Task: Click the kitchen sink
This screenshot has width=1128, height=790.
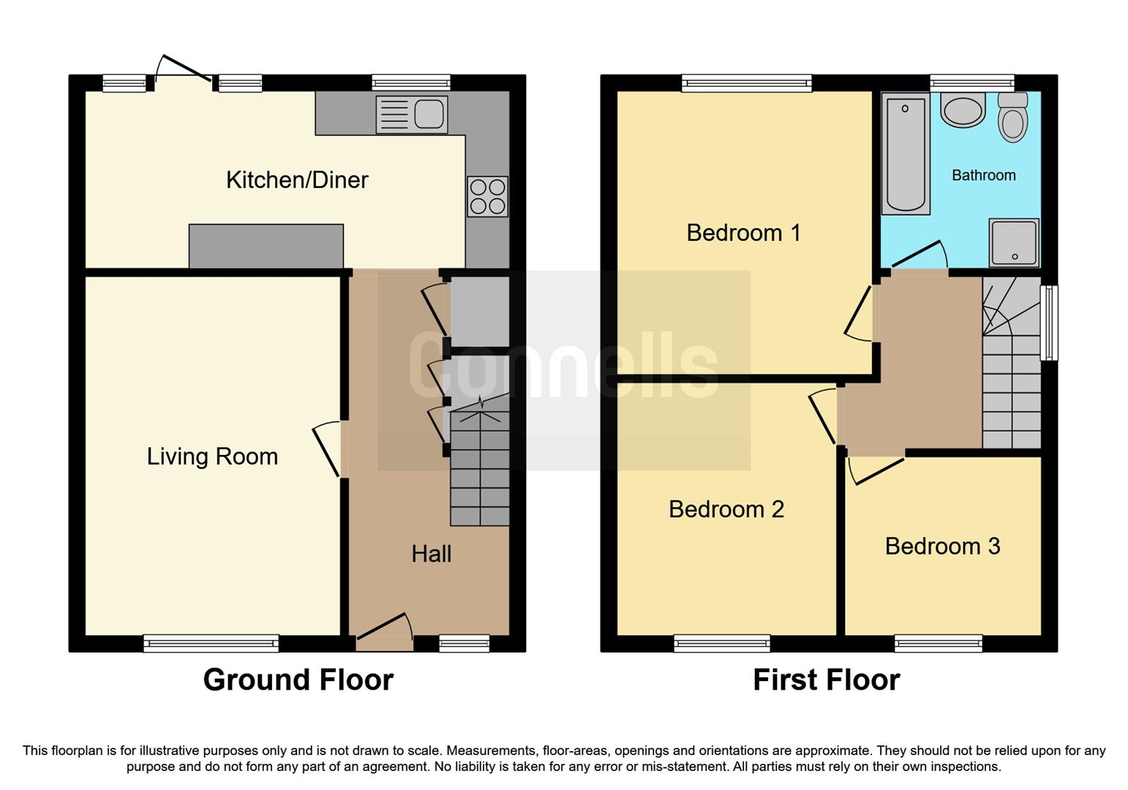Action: (412, 115)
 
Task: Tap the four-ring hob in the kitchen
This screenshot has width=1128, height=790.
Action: (488, 196)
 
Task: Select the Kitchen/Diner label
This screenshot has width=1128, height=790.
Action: (297, 180)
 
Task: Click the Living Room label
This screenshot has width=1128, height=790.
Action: (212, 456)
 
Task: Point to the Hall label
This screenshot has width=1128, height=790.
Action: (431, 554)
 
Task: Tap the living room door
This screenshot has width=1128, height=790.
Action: (327, 450)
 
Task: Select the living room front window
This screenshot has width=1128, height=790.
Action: (211, 644)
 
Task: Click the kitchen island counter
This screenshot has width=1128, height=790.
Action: (266, 246)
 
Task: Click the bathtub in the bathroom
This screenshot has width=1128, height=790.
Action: (905, 154)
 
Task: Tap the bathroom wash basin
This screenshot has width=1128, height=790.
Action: (963, 110)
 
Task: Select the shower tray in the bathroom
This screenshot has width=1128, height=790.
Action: (1014, 242)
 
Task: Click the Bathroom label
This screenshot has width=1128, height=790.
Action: (983, 176)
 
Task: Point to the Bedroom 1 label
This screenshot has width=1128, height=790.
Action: (743, 233)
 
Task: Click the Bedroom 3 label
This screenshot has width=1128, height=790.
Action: (942, 546)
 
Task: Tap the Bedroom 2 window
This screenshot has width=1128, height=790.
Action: (722, 644)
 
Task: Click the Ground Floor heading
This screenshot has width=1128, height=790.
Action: (298, 680)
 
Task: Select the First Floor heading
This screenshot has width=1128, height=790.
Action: (826, 680)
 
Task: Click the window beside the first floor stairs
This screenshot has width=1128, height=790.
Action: (1049, 323)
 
